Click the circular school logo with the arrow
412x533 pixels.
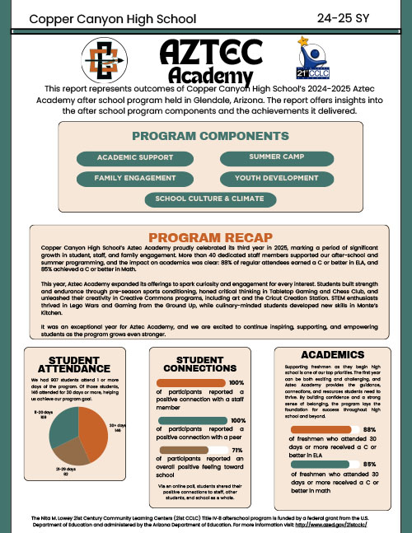[105, 63]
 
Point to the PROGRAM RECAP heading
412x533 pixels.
[205, 237]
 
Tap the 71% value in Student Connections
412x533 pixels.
[236, 451]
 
